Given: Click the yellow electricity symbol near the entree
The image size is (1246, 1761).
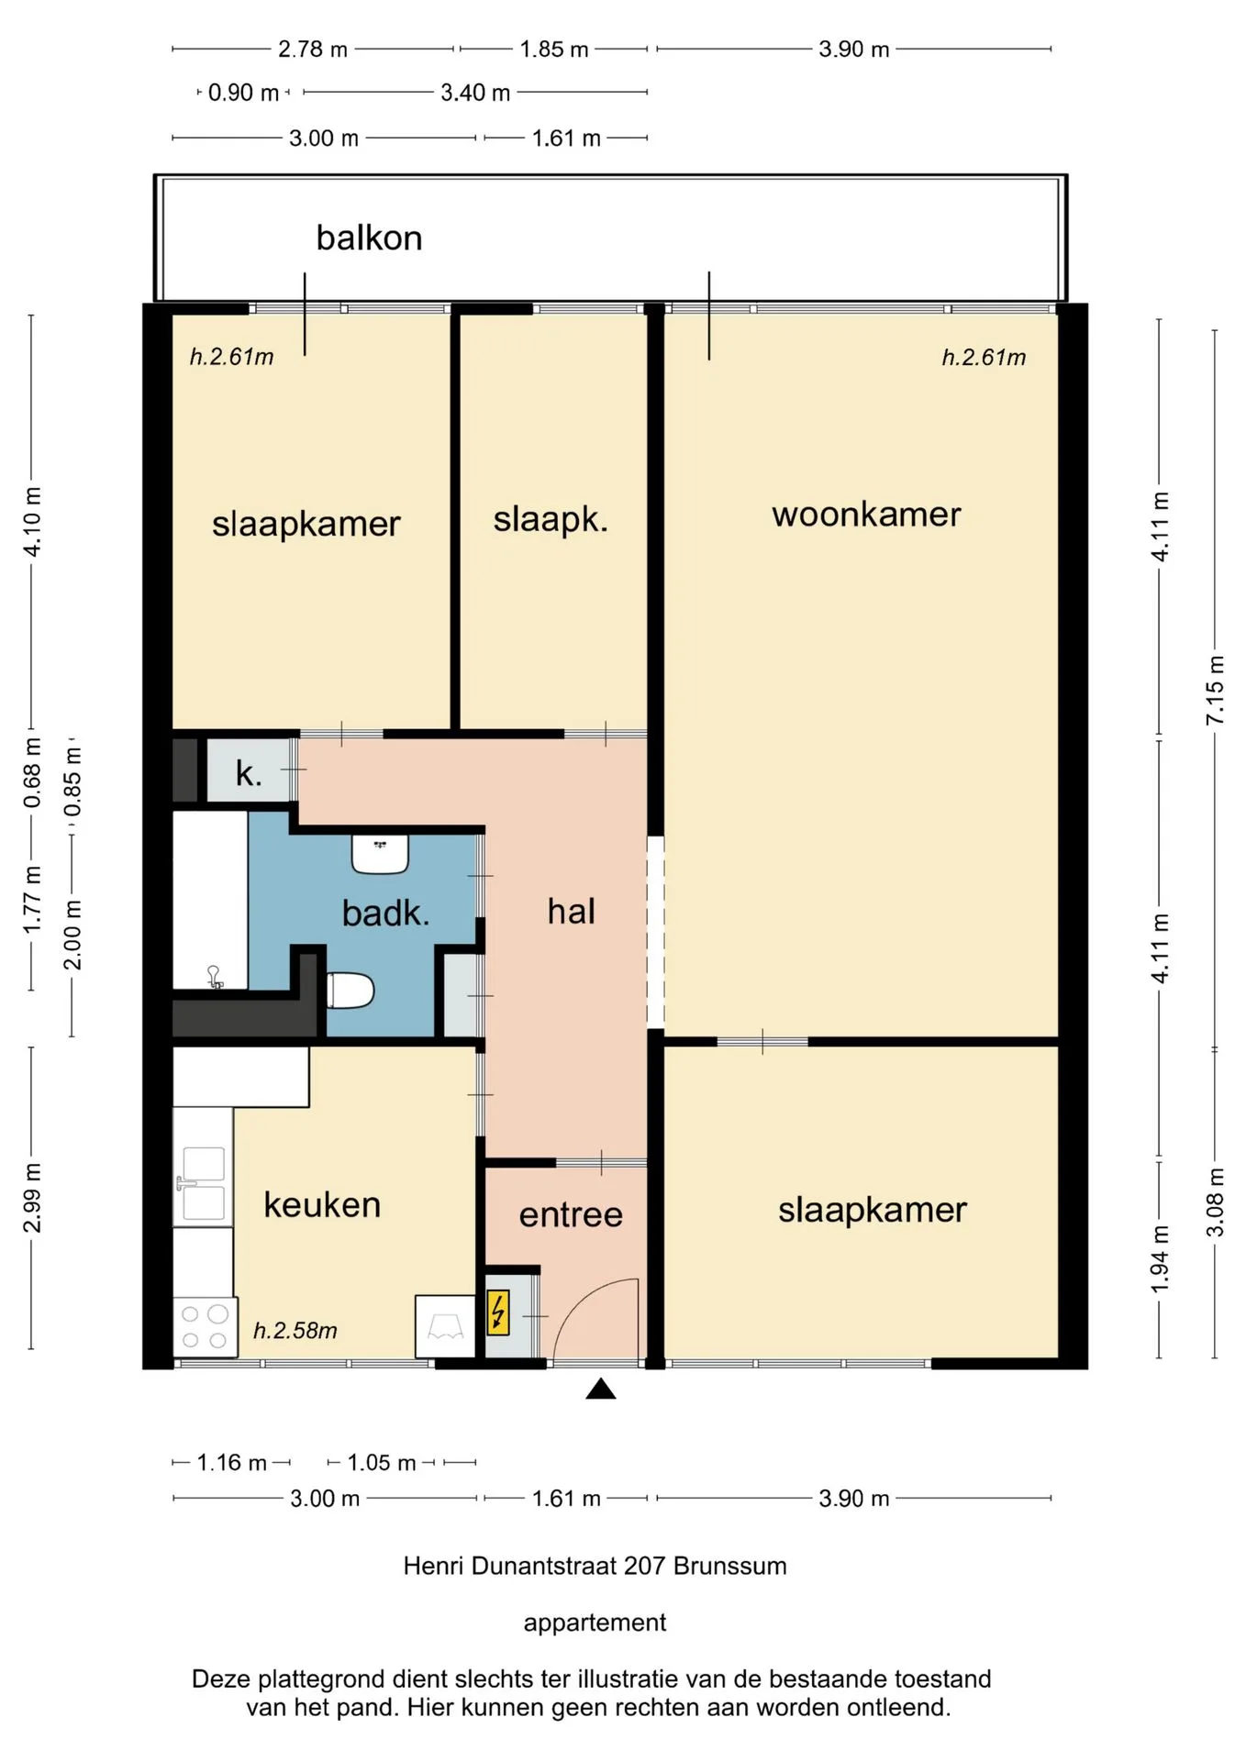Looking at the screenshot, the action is [497, 1312].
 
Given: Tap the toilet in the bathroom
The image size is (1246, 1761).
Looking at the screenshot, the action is [350, 991].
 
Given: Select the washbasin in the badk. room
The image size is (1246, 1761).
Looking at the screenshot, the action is [380, 854].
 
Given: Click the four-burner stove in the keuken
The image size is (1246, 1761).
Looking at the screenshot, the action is [205, 1326].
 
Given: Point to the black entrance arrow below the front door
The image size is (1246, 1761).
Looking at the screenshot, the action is [601, 1389].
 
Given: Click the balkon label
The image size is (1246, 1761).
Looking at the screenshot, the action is [369, 238].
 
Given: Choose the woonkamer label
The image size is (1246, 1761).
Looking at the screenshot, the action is [866, 514].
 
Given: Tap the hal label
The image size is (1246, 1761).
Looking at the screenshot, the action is [571, 911].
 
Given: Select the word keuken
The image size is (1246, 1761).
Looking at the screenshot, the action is [322, 1204].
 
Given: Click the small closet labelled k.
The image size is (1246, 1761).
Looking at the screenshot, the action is [249, 772].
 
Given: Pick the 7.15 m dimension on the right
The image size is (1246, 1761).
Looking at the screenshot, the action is [1216, 689].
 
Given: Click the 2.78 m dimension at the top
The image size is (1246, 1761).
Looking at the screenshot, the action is [313, 49].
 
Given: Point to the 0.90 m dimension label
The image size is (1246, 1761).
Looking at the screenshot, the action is [243, 93].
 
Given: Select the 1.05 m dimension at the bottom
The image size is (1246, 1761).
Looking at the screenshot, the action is [382, 1462].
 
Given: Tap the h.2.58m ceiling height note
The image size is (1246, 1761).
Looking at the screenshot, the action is [295, 1330].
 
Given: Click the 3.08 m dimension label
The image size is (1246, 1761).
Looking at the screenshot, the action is [1216, 1202].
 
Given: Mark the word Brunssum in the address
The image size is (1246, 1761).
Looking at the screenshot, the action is [730, 1565].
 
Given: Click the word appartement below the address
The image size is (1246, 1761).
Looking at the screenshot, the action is [595, 1623].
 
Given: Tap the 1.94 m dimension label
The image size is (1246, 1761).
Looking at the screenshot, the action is [1160, 1259].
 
